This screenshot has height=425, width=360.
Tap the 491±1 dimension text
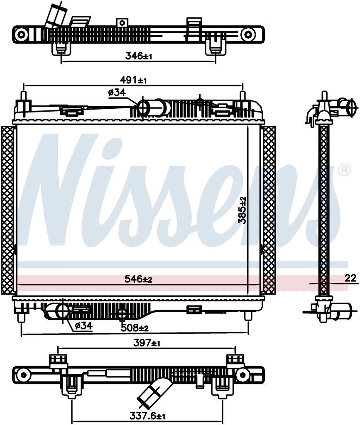134,80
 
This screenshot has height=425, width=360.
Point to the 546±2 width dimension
139,279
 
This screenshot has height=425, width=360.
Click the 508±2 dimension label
135,327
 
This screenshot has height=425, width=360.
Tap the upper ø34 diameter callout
117,93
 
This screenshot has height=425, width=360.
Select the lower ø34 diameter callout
83,326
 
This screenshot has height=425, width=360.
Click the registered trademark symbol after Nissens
344,170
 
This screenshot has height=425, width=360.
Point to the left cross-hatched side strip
7,210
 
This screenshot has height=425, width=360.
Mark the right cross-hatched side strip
269,210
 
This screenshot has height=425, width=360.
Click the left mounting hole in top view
22,34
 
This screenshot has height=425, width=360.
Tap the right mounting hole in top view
248,34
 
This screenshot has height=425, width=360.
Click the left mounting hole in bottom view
23,375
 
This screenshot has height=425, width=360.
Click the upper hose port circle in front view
144,108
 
